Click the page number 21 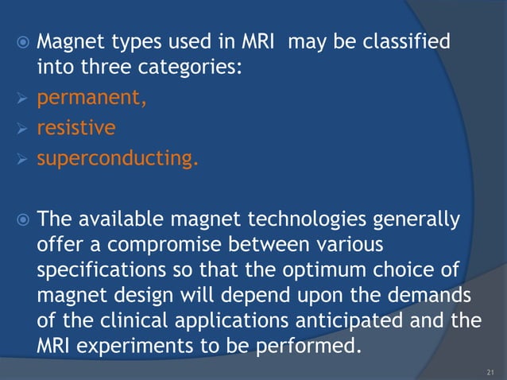pyautogui.click(x=489, y=370)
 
